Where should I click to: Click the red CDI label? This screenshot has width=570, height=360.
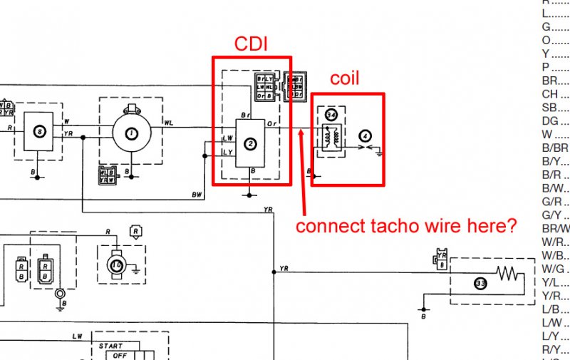pos(251,44)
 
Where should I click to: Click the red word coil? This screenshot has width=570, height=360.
pos(343,78)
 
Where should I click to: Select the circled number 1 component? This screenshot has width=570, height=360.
pos(131,133)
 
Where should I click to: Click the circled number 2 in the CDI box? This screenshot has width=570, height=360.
pos(251,144)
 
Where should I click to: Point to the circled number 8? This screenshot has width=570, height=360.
pos(40,131)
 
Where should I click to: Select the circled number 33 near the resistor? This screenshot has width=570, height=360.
pos(481,283)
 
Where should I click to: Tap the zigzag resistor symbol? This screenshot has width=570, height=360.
pos(508,273)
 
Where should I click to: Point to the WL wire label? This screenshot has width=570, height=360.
pos(168,123)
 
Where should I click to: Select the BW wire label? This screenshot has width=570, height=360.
pos(197,194)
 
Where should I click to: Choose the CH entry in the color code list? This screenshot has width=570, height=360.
pos(551,94)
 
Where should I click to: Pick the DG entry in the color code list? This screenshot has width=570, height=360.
pos(551,121)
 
